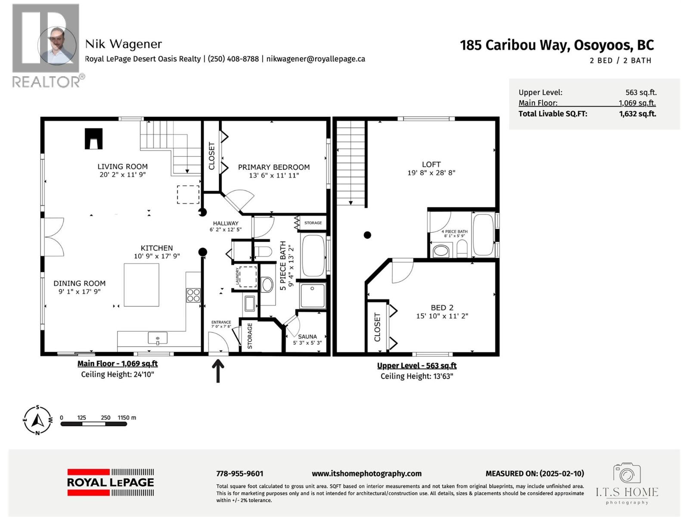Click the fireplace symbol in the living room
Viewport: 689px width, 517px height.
[x=93, y=139]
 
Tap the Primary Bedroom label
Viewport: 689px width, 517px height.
[x=273, y=167]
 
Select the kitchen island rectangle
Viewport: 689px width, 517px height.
[x=141, y=285]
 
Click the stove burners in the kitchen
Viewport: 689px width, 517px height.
[x=193, y=295]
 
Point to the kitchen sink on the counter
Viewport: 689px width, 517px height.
[x=158, y=338]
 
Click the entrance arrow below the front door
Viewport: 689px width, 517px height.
[x=218, y=371]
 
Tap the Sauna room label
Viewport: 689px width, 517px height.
[x=307, y=336]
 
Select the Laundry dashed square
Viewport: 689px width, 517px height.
[x=248, y=277]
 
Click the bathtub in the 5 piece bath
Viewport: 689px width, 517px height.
[x=313, y=256]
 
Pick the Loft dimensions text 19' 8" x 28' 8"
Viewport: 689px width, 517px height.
[x=431, y=173]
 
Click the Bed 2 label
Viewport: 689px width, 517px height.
[x=442, y=308]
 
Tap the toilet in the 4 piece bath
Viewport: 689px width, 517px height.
[x=462, y=249]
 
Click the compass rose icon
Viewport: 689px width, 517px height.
[x=38, y=420]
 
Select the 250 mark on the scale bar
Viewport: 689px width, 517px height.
[x=106, y=417]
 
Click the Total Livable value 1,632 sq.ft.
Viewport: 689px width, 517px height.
[x=637, y=114]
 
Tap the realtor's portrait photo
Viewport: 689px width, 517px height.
[x=56, y=45]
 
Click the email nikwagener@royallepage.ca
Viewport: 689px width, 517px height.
[x=316, y=59]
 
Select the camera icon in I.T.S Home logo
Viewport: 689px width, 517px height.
[x=627, y=473]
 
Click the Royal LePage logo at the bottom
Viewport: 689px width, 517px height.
[x=110, y=483]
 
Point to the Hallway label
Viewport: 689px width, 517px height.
[x=225, y=223]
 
